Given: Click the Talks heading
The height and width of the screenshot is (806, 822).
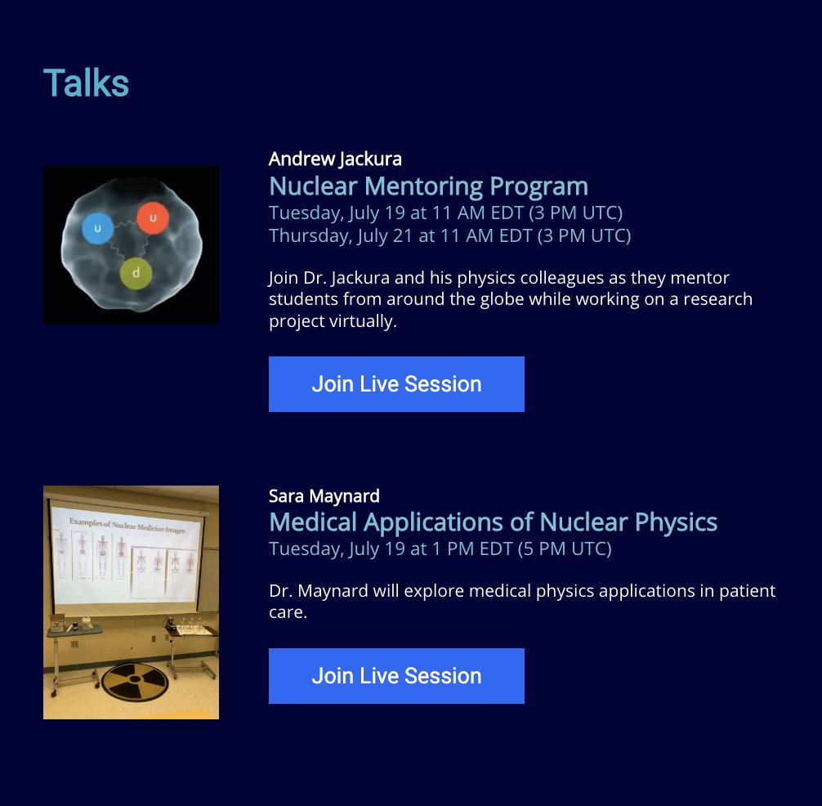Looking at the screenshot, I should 86,83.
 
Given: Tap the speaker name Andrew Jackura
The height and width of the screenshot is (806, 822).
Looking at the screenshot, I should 335,159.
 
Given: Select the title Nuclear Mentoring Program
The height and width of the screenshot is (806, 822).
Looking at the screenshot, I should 428,186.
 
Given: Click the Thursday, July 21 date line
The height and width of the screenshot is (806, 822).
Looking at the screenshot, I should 449,236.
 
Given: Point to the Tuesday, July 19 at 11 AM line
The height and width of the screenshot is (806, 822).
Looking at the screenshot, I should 445,213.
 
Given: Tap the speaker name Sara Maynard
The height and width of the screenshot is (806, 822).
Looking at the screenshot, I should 324,495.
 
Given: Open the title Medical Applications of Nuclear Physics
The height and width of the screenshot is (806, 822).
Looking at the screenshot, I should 493,522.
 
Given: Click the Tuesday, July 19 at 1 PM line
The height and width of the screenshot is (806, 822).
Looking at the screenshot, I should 440,549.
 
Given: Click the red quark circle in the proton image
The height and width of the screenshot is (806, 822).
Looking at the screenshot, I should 153,217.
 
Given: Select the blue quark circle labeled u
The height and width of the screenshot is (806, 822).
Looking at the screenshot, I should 97,229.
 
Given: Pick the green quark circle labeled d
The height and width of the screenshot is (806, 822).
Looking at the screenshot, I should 135,273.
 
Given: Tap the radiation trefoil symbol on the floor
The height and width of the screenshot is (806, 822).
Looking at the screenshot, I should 131,681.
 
